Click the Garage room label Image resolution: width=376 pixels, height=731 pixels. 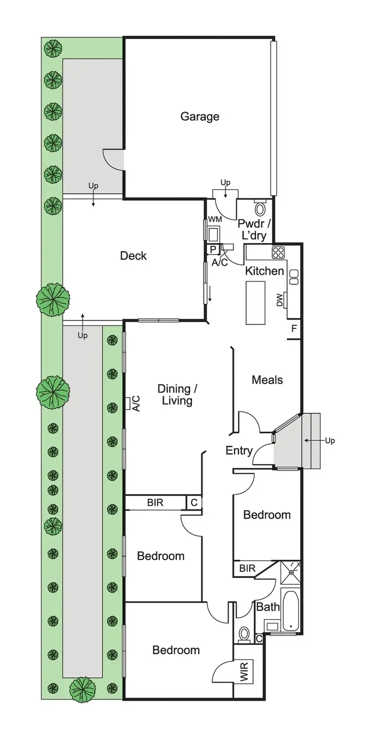click(200, 116)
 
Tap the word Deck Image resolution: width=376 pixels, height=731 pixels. click(133, 256)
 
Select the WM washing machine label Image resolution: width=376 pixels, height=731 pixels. click(214, 219)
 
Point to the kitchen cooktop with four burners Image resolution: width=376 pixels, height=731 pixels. click(278, 253)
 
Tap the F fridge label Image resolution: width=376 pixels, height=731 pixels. click(294, 329)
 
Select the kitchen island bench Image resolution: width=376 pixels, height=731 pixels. click(255, 303)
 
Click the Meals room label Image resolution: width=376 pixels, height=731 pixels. click(267, 380)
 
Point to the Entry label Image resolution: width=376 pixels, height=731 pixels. click(239, 450)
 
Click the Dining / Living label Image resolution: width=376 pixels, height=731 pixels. click(174, 395)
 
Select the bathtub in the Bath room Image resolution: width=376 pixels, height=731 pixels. click(290, 611)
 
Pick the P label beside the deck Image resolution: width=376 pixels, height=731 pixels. click(213, 249)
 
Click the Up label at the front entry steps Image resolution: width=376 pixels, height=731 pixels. click(329, 441)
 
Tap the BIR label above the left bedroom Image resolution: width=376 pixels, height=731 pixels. click(155, 502)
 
